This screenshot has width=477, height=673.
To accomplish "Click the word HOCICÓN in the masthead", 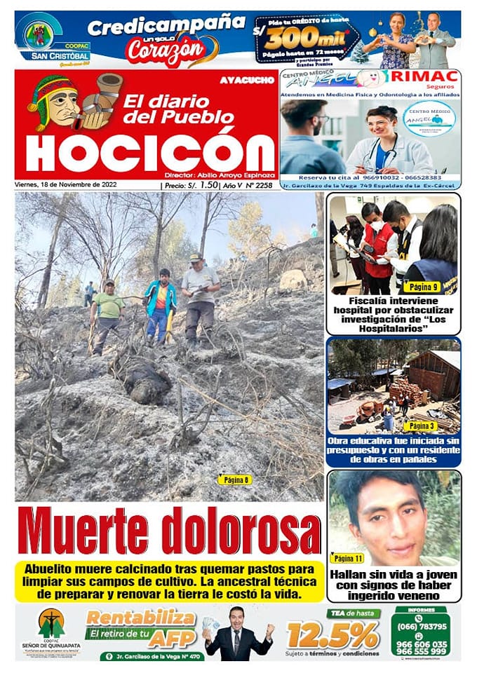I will coord(150,150).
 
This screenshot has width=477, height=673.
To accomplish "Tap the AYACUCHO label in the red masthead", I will coord(246,80).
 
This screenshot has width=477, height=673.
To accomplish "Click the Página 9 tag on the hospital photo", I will coord(421,286).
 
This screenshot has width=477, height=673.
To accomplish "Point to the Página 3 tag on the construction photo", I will coord(421,426).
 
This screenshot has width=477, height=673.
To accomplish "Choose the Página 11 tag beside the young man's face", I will coord(349,558).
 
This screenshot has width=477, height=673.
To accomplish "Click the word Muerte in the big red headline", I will coord(85,531).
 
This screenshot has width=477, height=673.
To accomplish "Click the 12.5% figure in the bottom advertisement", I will coord(332,634).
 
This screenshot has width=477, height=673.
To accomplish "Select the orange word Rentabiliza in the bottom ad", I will coord(140,618).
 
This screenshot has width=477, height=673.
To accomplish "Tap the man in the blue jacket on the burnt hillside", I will coord(161,303).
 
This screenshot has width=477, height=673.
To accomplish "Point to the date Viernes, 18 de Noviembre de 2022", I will coord(66,185).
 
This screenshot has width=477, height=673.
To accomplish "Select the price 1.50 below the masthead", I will coord(207,185).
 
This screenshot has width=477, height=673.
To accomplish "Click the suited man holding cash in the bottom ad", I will coord(236,633).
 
